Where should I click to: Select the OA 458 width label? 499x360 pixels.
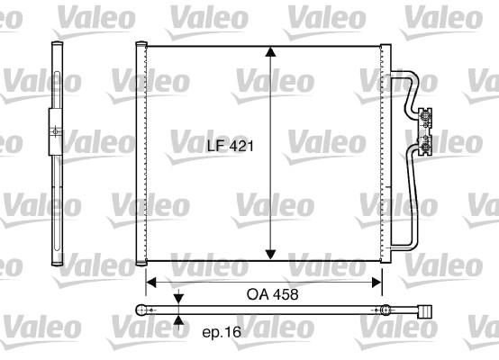click(269, 294)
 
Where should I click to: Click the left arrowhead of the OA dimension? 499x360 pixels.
click(152, 283)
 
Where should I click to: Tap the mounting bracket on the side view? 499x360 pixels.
click(54, 133)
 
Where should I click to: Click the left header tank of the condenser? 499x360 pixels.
click(140, 153)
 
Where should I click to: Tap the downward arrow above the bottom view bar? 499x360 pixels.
click(178, 298)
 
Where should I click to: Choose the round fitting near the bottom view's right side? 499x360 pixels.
click(385, 310)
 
